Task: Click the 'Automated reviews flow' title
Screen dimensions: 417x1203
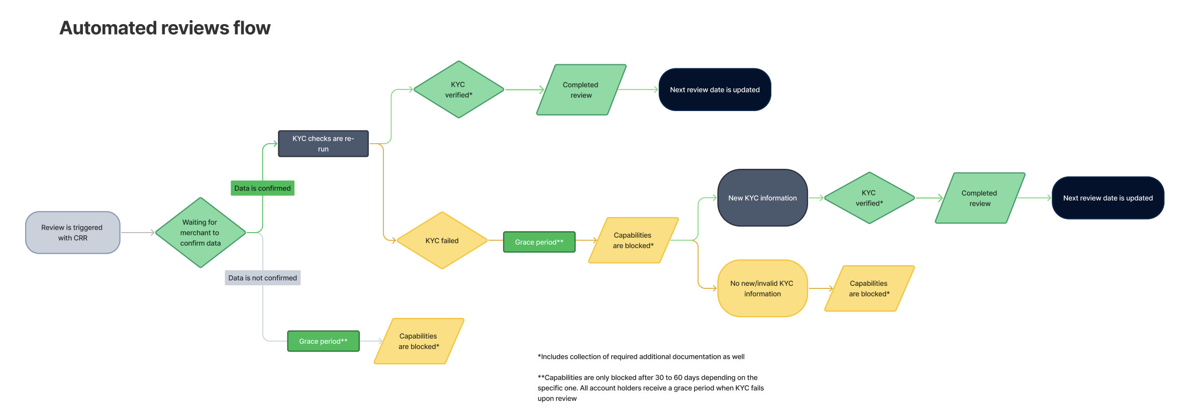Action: pyautogui.click(x=165, y=28)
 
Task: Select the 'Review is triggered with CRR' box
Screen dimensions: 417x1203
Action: pyautogui.click(x=73, y=233)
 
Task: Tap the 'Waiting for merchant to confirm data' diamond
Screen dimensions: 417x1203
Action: pyautogui.click(x=201, y=233)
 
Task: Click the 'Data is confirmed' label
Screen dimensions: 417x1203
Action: pyautogui.click(x=262, y=188)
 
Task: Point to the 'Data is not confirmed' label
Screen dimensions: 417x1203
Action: pyautogui.click(x=262, y=278)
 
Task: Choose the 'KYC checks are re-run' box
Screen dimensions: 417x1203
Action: pyautogui.click(x=323, y=144)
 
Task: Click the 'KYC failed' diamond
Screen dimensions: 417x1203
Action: pyautogui.click(x=442, y=241)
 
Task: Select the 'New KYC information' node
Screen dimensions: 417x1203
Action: pyautogui.click(x=762, y=198)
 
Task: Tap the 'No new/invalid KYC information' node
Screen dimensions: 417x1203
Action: pyautogui.click(x=762, y=288)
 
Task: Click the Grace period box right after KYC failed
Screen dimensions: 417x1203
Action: pyautogui.click(x=539, y=242)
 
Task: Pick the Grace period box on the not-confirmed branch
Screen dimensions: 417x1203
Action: pyautogui.click(x=323, y=341)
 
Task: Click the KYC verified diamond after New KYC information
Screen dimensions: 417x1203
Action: pyautogui.click(x=869, y=198)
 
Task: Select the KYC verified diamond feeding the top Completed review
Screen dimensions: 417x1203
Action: pyautogui.click(x=458, y=90)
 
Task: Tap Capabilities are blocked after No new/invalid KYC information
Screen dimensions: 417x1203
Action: pyautogui.click(x=869, y=288)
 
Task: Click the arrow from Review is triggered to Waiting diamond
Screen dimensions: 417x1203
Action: pyautogui.click(x=138, y=233)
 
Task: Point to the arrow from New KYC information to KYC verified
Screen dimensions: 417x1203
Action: pyautogui.click(x=816, y=198)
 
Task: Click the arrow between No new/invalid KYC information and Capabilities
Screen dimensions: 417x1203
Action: pyautogui.click(x=821, y=288)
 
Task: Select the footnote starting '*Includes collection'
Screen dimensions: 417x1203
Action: pyautogui.click(x=641, y=357)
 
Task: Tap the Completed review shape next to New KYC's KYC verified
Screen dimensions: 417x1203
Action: pyautogui.click(x=980, y=198)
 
